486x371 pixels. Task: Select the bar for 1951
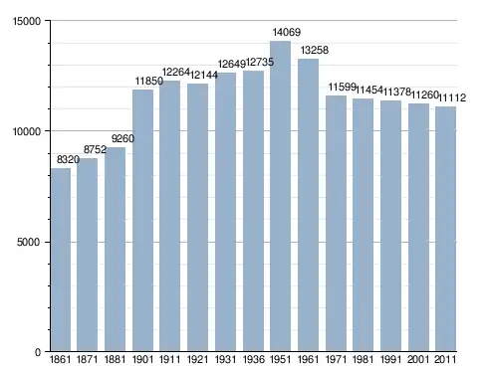(280, 196)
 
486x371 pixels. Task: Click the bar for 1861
(61, 260)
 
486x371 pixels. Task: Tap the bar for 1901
(142, 221)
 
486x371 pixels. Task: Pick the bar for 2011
(445, 229)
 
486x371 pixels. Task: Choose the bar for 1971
(336, 224)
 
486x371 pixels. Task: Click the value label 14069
(287, 32)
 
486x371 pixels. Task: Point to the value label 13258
(315, 50)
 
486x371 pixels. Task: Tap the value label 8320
(68, 160)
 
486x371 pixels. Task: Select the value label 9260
(122, 138)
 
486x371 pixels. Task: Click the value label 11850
(149, 81)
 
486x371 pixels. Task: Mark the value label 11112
(452, 97)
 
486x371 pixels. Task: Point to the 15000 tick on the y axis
(27, 21)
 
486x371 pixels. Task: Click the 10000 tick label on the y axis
(27, 131)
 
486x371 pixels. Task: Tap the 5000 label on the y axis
(29, 242)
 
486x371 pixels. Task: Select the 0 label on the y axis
(38, 352)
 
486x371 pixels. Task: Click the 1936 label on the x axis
(254, 359)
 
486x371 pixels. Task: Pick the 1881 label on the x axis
(116, 359)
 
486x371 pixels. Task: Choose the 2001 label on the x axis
(419, 359)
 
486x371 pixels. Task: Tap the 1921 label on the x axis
(198, 359)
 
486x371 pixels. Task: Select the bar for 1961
(308, 205)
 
